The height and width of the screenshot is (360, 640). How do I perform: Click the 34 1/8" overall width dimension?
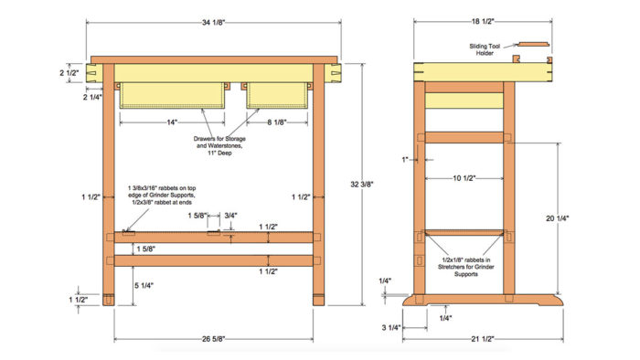pos(213,23)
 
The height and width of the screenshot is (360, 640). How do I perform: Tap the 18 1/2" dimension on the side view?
pos(483,22)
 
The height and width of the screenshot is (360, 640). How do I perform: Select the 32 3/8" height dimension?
pos(362,185)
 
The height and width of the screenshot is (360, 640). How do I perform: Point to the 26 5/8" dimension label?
pos(213,339)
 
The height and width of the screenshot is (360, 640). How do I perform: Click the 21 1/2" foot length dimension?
pos(483,339)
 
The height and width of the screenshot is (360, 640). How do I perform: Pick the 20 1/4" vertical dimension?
pos(557,218)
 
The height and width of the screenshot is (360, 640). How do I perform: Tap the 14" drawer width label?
pos(172,122)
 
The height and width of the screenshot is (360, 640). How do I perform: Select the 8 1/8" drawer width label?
pos(277,122)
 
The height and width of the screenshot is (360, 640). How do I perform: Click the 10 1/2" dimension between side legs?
pos(464,178)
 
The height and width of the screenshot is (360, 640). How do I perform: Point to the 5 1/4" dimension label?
pos(144,286)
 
